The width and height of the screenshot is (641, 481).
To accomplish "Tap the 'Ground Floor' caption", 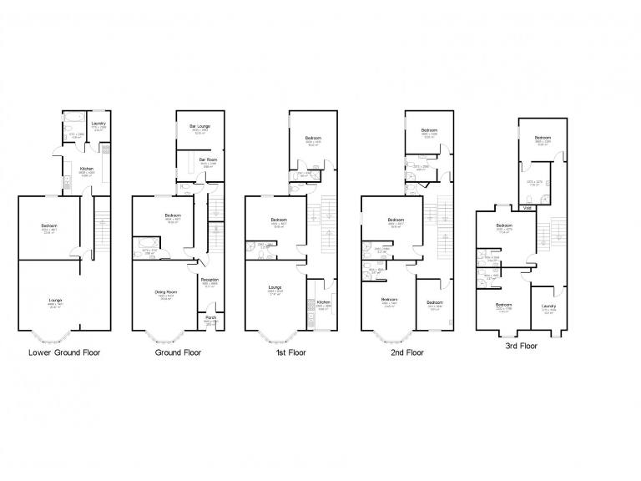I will [178, 352].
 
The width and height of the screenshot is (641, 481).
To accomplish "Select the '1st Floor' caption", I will [290, 352].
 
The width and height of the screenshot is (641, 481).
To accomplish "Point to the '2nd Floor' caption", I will [406, 352].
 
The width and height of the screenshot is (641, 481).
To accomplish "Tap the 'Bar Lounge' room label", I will [199, 126].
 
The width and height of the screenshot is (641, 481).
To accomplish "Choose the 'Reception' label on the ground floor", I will [209, 280].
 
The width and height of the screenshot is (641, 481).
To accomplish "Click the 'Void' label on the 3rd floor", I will [526, 208].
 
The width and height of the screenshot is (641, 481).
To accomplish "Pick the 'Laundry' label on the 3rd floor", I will [548, 306].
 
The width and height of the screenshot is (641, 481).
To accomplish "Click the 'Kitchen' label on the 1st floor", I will [324, 301].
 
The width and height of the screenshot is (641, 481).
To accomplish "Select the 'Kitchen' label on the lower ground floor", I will [86, 168].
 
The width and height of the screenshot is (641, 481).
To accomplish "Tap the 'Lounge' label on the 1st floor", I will [275, 287].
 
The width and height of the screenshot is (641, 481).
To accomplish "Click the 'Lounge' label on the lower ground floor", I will [55, 300].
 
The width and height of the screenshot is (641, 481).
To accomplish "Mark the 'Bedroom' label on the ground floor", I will [174, 215].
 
